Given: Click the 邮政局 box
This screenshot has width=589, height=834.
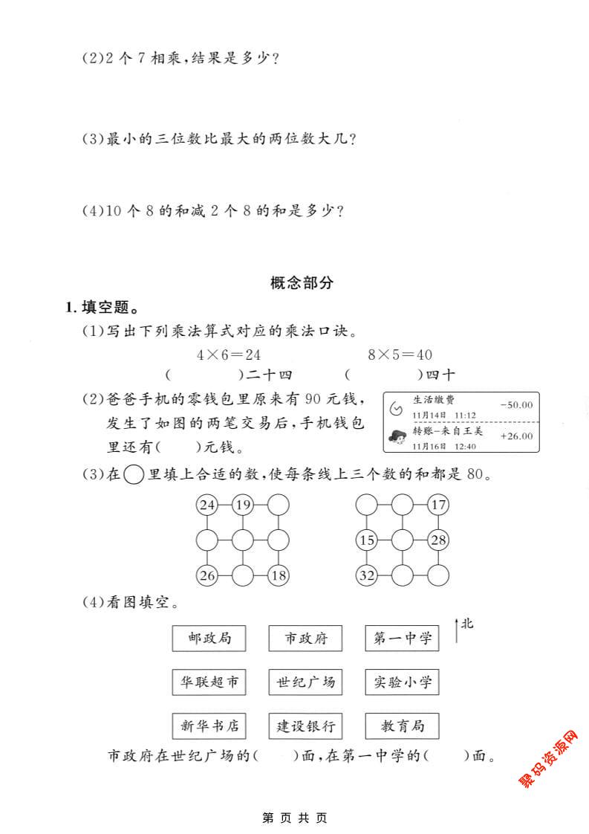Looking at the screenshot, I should (209, 638).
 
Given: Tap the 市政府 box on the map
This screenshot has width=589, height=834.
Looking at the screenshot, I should (305, 638).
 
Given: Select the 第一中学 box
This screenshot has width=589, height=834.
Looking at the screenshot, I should (402, 638).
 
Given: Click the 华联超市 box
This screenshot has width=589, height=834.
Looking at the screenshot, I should (209, 682).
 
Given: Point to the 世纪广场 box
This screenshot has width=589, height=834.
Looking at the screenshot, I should (305, 682).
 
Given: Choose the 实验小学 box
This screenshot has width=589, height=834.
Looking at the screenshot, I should (402, 682).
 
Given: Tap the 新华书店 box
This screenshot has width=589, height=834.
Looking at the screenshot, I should (209, 726).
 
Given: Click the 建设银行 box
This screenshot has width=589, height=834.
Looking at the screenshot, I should (305, 726).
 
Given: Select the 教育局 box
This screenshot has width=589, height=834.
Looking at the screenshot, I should (402, 726).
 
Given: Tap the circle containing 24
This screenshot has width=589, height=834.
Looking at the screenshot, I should (207, 506).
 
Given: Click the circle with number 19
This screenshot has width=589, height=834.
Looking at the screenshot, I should (243, 506).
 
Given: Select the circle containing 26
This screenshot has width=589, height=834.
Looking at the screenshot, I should (207, 575).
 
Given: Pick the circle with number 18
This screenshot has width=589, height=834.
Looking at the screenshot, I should (279, 575).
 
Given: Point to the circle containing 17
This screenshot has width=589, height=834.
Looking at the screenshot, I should (439, 506).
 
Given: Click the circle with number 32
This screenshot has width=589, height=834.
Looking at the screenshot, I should (367, 575).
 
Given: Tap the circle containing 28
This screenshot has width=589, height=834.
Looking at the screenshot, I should (439, 540).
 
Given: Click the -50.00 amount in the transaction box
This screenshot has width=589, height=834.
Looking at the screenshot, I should (516, 405).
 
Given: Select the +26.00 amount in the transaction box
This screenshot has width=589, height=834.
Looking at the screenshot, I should (516, 436).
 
